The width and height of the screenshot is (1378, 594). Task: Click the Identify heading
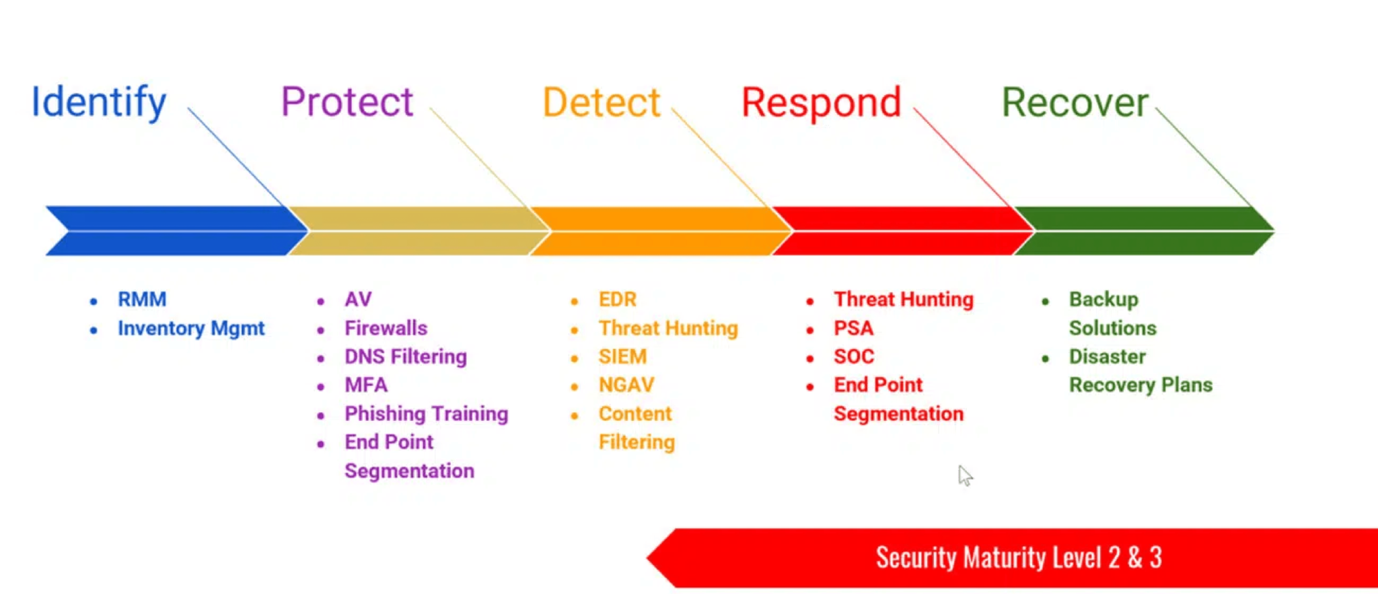coord(99,102)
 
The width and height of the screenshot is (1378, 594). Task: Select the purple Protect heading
coord(347,102)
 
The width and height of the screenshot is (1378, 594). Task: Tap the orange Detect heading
coord(601,102)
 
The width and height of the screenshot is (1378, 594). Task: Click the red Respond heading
coord(821,102)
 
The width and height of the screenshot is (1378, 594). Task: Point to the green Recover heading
coord(1075,102)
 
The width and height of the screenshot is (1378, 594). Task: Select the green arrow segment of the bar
coord(1144,231)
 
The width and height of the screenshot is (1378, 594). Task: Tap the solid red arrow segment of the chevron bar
coord(902,231)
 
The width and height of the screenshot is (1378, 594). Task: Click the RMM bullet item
coord(142,299)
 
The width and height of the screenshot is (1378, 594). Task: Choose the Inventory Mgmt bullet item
coord(191,328)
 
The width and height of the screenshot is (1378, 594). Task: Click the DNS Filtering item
coord(405,356)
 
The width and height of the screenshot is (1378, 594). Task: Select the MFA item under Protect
coord(366,385)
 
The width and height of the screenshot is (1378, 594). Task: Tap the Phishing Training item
coord(426,414)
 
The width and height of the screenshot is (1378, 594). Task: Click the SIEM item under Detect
coord(622,356)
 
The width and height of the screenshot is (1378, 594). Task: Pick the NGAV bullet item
coord(626,385)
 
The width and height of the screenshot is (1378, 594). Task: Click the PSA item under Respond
coord(853,328)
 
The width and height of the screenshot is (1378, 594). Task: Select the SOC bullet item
coord(854,356)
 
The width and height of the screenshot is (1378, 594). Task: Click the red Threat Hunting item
coord(903,299)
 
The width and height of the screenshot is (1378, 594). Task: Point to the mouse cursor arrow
coord(965,475)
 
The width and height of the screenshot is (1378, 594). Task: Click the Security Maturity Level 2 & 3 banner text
coord(1018,558)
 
